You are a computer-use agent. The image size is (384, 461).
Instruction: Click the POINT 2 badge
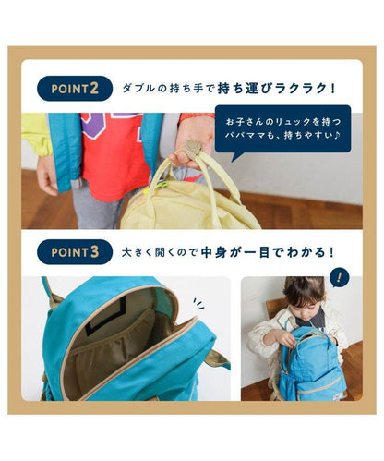tap(75, 89)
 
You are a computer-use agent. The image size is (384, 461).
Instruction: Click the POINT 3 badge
tap(75, 252)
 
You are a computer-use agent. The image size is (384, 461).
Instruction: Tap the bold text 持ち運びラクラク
tap(276, 89)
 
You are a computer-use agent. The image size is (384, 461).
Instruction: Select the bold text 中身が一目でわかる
tap(267, 252)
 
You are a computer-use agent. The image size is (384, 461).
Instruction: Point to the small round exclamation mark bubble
tap(339, 278)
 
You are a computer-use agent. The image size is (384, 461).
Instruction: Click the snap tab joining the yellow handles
tap(193, 150)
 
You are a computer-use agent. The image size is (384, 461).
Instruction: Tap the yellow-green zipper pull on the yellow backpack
tap(162, 185)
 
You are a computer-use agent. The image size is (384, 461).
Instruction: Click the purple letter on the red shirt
tap(95, 125)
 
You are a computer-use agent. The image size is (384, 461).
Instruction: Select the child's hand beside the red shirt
tap(47, 175)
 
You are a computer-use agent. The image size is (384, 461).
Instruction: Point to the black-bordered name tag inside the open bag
tap(105, 316)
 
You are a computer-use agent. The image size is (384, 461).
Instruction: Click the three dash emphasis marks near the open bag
tap(198, 303)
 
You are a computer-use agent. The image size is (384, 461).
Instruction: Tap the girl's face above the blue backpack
tap(303, 305)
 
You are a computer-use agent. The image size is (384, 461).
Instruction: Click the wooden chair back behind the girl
tap(276, 308)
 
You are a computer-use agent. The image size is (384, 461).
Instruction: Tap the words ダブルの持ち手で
tap(168, 89)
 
